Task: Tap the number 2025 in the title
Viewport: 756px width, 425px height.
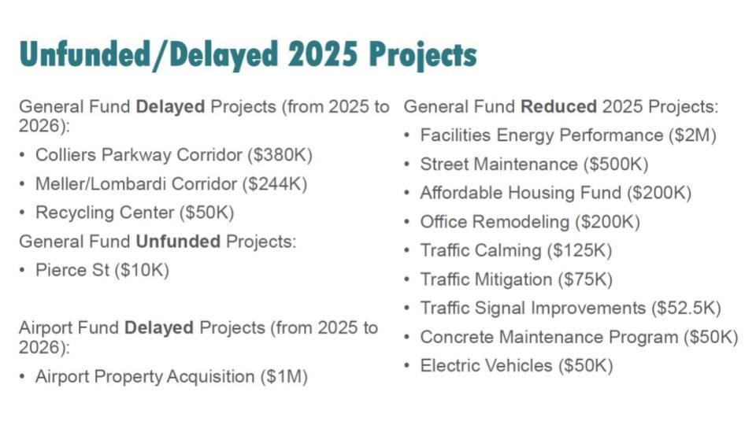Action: click(323, 53)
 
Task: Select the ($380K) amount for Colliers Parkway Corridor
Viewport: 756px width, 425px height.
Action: click(280, 155)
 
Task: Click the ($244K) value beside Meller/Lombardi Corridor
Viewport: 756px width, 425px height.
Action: click(275, 184)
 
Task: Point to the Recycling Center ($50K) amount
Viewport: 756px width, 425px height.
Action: click(207, 213)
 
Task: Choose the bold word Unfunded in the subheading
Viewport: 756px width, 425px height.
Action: click(178, 241)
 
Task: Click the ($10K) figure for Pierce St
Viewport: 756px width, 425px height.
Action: click(143, 270)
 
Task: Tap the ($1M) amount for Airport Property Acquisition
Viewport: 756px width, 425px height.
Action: click(284, 377)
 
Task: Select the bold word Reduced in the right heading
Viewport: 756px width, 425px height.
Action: click(559, 106)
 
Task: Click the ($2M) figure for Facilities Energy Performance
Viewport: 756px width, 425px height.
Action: click(692, 135)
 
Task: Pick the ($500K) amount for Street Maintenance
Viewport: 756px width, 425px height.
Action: click(616, 164)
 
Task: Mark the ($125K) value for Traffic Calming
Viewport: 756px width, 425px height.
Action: click(580, 250)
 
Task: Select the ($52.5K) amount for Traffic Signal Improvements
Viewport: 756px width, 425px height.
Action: click(686, 309)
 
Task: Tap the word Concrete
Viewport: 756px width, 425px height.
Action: click(457, 337)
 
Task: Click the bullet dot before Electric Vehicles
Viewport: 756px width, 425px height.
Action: click(407, 366)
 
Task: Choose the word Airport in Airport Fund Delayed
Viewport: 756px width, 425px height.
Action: click(45, 327)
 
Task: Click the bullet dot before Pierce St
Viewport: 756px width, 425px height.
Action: click(22, 270)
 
